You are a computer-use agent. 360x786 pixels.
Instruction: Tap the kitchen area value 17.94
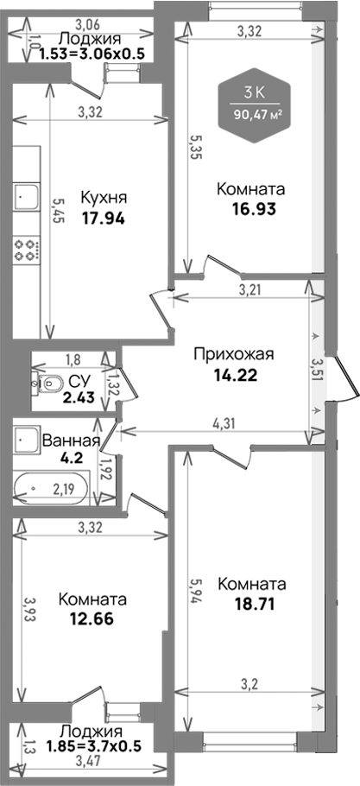(104, 218)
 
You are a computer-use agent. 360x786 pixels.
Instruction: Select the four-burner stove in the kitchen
(27, 250)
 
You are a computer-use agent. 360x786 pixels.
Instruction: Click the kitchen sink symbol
(25, 196)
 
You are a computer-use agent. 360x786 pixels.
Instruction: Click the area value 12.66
(92, 618)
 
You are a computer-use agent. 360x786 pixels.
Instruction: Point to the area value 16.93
(251, 209)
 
